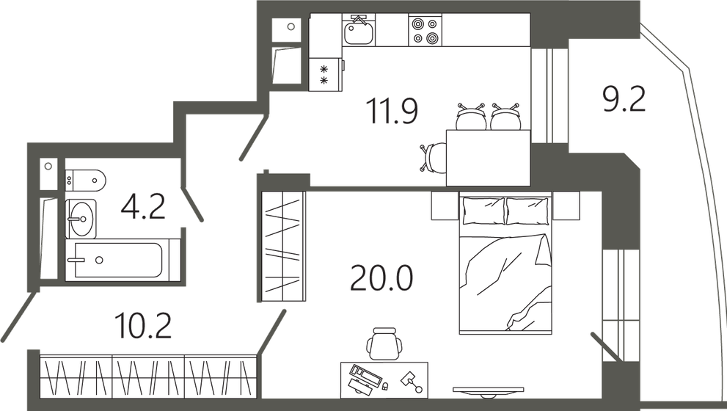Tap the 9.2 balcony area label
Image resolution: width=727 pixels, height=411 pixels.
point(624,98)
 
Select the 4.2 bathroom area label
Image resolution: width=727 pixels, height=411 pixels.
point(142,207)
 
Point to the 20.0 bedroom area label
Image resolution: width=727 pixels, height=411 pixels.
point(381,278)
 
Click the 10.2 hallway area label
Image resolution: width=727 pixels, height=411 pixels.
point(143,324)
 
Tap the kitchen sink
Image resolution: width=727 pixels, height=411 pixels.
point(359,32)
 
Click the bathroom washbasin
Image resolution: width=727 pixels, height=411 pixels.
point(81,218)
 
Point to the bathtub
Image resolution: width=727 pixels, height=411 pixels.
point(117,261)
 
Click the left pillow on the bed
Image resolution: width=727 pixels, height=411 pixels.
point(483,211)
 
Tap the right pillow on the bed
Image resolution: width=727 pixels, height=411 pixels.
point(527,211)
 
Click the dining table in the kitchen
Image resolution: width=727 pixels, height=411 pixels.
point(488,157)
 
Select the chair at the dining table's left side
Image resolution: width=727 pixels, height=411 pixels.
point(433,156)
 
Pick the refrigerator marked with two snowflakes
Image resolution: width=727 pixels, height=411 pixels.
point(325,74)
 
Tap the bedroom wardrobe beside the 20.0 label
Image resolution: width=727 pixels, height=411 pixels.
point(282,246)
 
